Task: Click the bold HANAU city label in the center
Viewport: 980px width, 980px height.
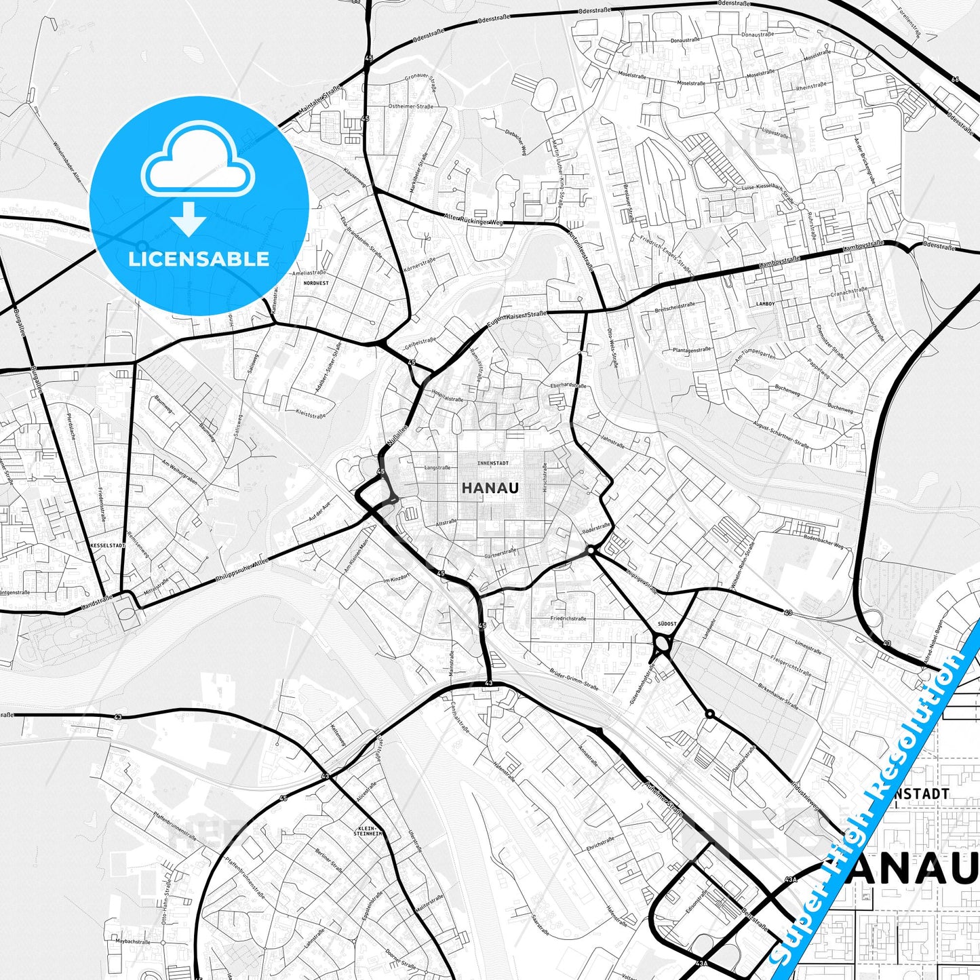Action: (490, 488)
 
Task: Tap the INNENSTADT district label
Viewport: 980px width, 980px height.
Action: (492, 463)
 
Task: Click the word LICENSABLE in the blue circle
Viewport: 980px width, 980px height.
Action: (199, 259)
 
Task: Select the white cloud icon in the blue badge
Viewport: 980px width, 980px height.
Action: (197, 163)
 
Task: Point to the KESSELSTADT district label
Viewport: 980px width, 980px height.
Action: (107, 545)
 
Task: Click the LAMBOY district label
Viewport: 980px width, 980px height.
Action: (765, 304)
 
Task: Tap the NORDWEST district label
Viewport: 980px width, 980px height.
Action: (316, 283)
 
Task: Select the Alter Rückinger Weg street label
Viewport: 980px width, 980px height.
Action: (474, 218)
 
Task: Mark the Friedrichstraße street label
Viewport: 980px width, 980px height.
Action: (568, 619)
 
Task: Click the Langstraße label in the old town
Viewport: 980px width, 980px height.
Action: (437, 467)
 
